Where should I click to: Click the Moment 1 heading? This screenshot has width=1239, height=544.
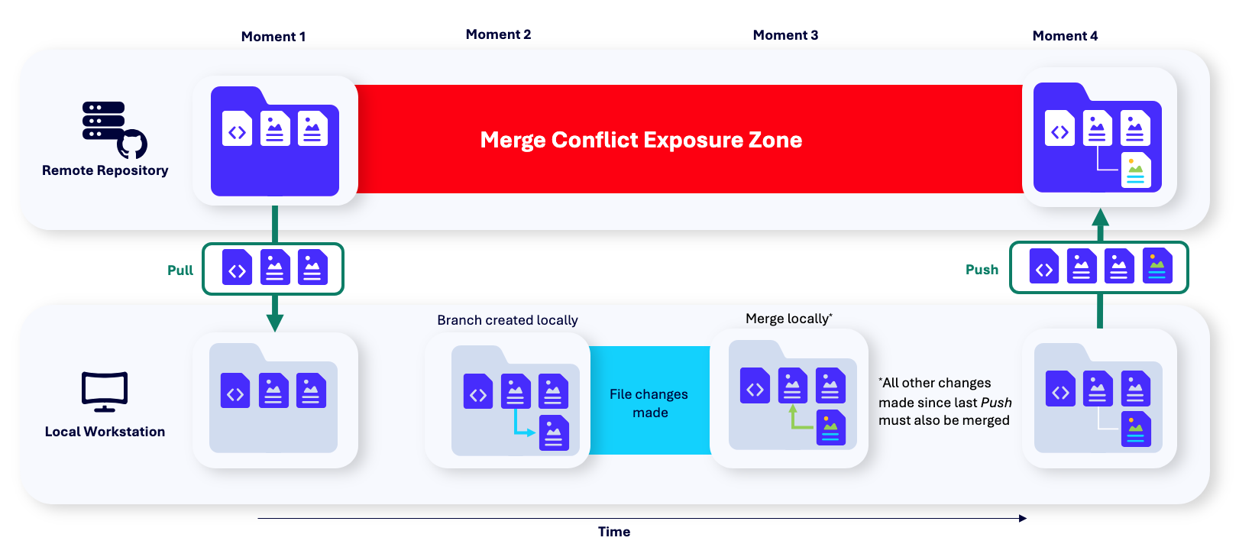pyautogui.click(x=273, y=37)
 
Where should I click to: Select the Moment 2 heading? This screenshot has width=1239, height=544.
pyautogui.click(x=498, y=34)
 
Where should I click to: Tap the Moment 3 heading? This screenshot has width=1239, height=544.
pyautogui.click(x=785, y=35)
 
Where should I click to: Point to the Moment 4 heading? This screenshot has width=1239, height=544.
pyautogui.click(x=1066, y=36)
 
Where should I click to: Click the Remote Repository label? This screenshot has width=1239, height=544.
pyautogui.click(x=105, y=170)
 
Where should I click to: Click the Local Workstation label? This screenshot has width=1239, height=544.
pyautogui.click(x=105, y=432)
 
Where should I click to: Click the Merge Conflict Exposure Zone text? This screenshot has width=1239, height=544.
pyautogui.click(x=641, y=140)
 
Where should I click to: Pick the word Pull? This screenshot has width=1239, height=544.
pyautogui.click(x=180, y=270)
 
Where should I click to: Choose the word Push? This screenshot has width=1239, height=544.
pyautogui.click(x=982, y=270)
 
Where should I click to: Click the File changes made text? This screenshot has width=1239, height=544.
pyautogui.click(x=649, y=403)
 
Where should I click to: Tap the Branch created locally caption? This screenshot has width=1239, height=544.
pyautogui.click(x=507, y=320)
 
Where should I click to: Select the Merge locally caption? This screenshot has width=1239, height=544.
pyautogui.click(x=789, y=318)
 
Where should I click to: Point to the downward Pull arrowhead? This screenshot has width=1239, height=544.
pyautogui.click(x=275, y=323)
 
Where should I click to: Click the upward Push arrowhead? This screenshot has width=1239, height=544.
pyautogui.click(x=1101, y=217)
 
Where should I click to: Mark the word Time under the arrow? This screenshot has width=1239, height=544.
pyautogui.click(x=614, y=532)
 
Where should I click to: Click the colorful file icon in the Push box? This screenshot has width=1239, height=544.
pyautogui.click(x=1157, y=266)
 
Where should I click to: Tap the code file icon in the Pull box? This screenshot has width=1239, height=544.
pyautogui.click(x=237, y=267)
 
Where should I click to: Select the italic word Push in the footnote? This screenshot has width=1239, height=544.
pyautogui.click(x=996, y=403)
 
